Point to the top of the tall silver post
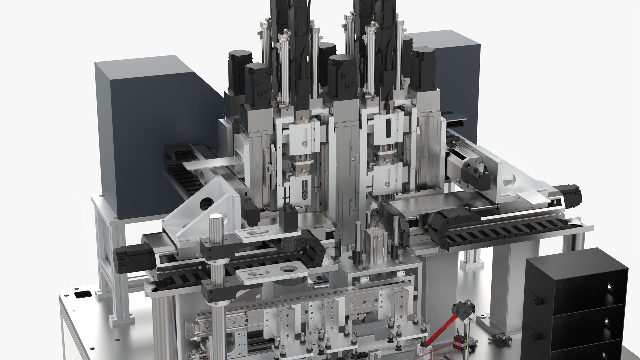click(x=216, y=217)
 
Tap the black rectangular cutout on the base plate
click(x=82, y=295)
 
